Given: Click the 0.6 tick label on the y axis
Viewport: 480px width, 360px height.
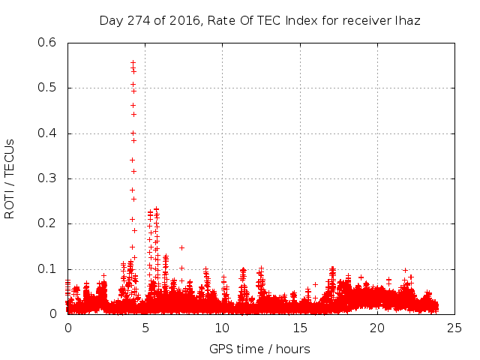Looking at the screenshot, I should (x=46, y=43).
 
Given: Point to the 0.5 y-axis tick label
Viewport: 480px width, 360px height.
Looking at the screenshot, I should (x=46, y=88).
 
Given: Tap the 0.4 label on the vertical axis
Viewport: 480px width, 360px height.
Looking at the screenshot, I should (x=46, y=133).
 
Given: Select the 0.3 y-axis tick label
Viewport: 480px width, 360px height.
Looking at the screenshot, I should (x=46, y=178).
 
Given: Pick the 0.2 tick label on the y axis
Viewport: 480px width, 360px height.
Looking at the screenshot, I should (x=46, y=223).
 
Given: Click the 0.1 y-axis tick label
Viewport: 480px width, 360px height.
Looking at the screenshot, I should (x=46, y=269).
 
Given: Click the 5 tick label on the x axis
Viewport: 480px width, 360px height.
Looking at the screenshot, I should (x=145, y=328).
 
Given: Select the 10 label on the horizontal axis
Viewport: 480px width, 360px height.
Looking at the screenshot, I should (x=223, y=328).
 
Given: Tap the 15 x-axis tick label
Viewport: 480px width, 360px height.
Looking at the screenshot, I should (x=300, y=328).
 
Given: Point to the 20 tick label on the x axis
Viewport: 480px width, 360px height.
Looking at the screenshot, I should (x=377, y=328).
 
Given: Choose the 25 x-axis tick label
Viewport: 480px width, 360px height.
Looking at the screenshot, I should (x=455, y=328).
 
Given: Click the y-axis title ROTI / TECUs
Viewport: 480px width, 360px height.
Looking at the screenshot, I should (x=10, y=178).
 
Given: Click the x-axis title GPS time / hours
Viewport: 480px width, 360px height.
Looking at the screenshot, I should (x=259, y=349).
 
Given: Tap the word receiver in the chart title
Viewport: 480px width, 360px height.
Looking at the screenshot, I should (x=365, y=20).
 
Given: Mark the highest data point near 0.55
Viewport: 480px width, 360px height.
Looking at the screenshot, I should (x=133, y=63).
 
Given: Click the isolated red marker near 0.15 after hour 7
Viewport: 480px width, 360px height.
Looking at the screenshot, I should (x=181, y=247).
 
